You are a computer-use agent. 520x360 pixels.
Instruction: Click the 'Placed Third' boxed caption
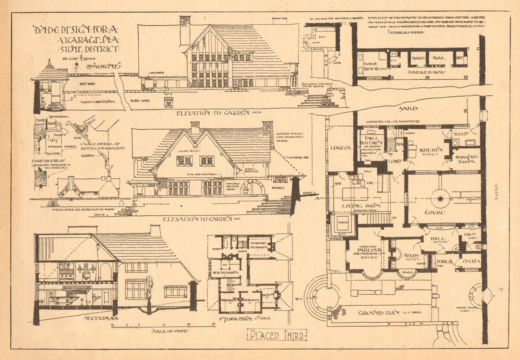pos(277,335)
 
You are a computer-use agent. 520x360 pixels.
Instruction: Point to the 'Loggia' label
pos(340,148)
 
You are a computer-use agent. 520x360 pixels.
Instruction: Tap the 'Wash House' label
pos(372,67)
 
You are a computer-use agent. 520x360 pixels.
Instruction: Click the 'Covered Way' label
pos(426,72)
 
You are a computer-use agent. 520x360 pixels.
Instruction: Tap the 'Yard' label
pos(409,109)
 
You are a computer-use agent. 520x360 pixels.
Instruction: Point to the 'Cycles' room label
pos(471,261)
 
